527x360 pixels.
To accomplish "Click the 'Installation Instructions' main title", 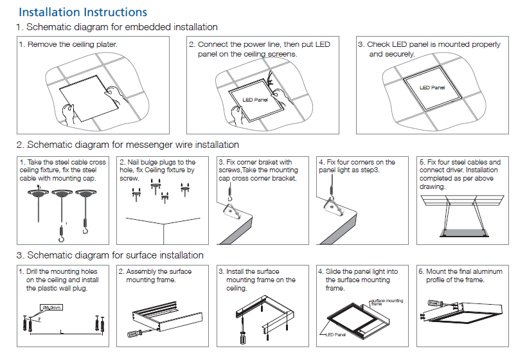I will click(x=83, y=12).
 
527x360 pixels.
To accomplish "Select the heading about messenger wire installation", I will click(x=132, y=145).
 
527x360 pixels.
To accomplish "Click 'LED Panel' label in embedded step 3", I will click(x=432, y=87).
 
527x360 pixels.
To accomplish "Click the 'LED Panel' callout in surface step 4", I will click(x=335, y=334).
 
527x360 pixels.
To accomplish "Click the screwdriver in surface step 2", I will click(x=137, y=334).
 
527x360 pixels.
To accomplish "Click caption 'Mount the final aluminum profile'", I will click(x=460, y=276).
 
